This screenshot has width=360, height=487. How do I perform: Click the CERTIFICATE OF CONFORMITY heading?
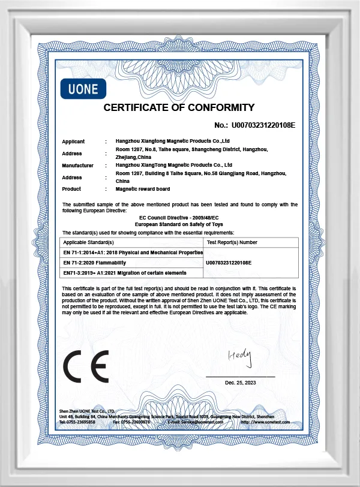click(x=179, y=108)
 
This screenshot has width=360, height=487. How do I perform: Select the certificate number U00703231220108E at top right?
click(x=263, y=125)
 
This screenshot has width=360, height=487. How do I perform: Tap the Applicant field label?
click(x=73, y=142)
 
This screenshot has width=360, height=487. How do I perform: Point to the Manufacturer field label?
click(x=78, y=165)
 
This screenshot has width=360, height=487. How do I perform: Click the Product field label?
click(x=71, y=188)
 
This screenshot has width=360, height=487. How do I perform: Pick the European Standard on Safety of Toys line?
click(x=179, y=223)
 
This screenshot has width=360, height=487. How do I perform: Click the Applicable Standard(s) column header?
click(x=88, y=242)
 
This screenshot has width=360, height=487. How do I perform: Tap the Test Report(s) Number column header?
click(x=232, y=242)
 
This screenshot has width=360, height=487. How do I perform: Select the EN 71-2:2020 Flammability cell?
click(x=94, y=263)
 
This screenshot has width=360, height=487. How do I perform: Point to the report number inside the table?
click(x=228, y=263)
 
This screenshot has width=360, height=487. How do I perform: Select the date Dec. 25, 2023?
click(x=241, y=382)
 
